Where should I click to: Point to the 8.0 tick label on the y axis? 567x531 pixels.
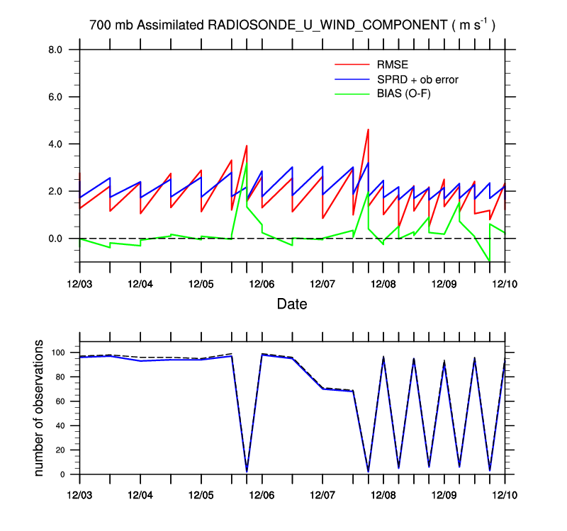point(55,50)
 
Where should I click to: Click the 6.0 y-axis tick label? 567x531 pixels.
point(55,97)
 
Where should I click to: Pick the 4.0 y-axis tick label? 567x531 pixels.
point(55,144)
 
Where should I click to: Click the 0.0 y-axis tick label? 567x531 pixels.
point(55,239)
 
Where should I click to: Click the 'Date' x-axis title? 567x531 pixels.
point(292,304)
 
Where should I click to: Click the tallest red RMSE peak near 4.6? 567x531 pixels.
point(368,130)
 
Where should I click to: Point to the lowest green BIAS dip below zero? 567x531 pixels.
point(489,261)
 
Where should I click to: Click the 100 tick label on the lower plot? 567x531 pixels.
point(58,353)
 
